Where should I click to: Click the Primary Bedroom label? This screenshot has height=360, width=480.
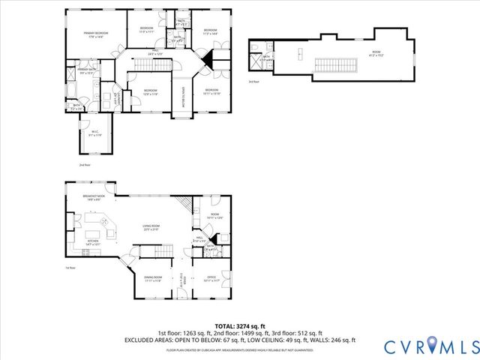click(x=96, y=34)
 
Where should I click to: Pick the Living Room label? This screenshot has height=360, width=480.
click(x=152, y=229)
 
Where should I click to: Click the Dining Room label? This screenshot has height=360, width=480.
click(x=153, y=279)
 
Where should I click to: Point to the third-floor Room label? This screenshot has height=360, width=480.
click(x=376, y=53)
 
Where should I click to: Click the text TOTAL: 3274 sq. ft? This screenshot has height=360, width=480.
click(x=239, y=326)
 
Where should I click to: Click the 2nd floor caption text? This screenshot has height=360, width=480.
click(x=85, y=164)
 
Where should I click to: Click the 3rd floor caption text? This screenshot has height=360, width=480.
click(x=254, y=82)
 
